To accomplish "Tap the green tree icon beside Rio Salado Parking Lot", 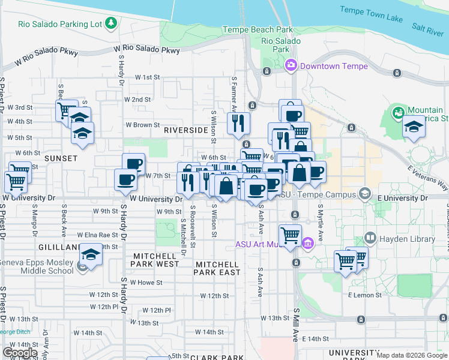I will click(x=111, y=23).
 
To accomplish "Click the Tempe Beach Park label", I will click(x=258, y=29).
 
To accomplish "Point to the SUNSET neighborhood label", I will click(x=61, y=158).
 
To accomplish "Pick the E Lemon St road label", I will click(x=364, y=295).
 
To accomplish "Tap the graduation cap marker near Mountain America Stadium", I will click(x=414, y=127).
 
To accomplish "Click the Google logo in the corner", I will click(x=20, y=352).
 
